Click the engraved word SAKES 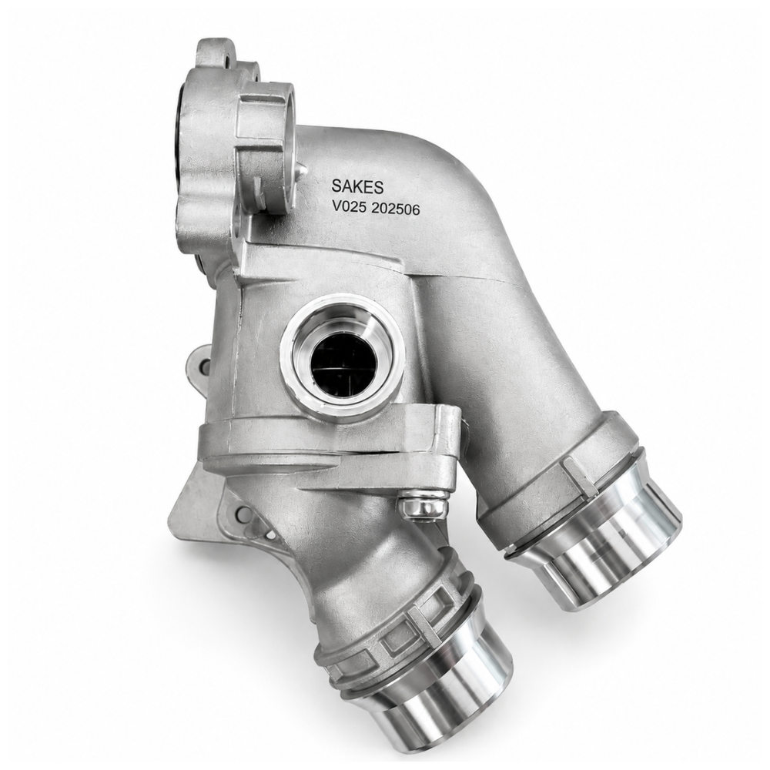coord(357,186)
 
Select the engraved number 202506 coord(395,209)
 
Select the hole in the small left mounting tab coord(205,364)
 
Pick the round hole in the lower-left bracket coord(241,514)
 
